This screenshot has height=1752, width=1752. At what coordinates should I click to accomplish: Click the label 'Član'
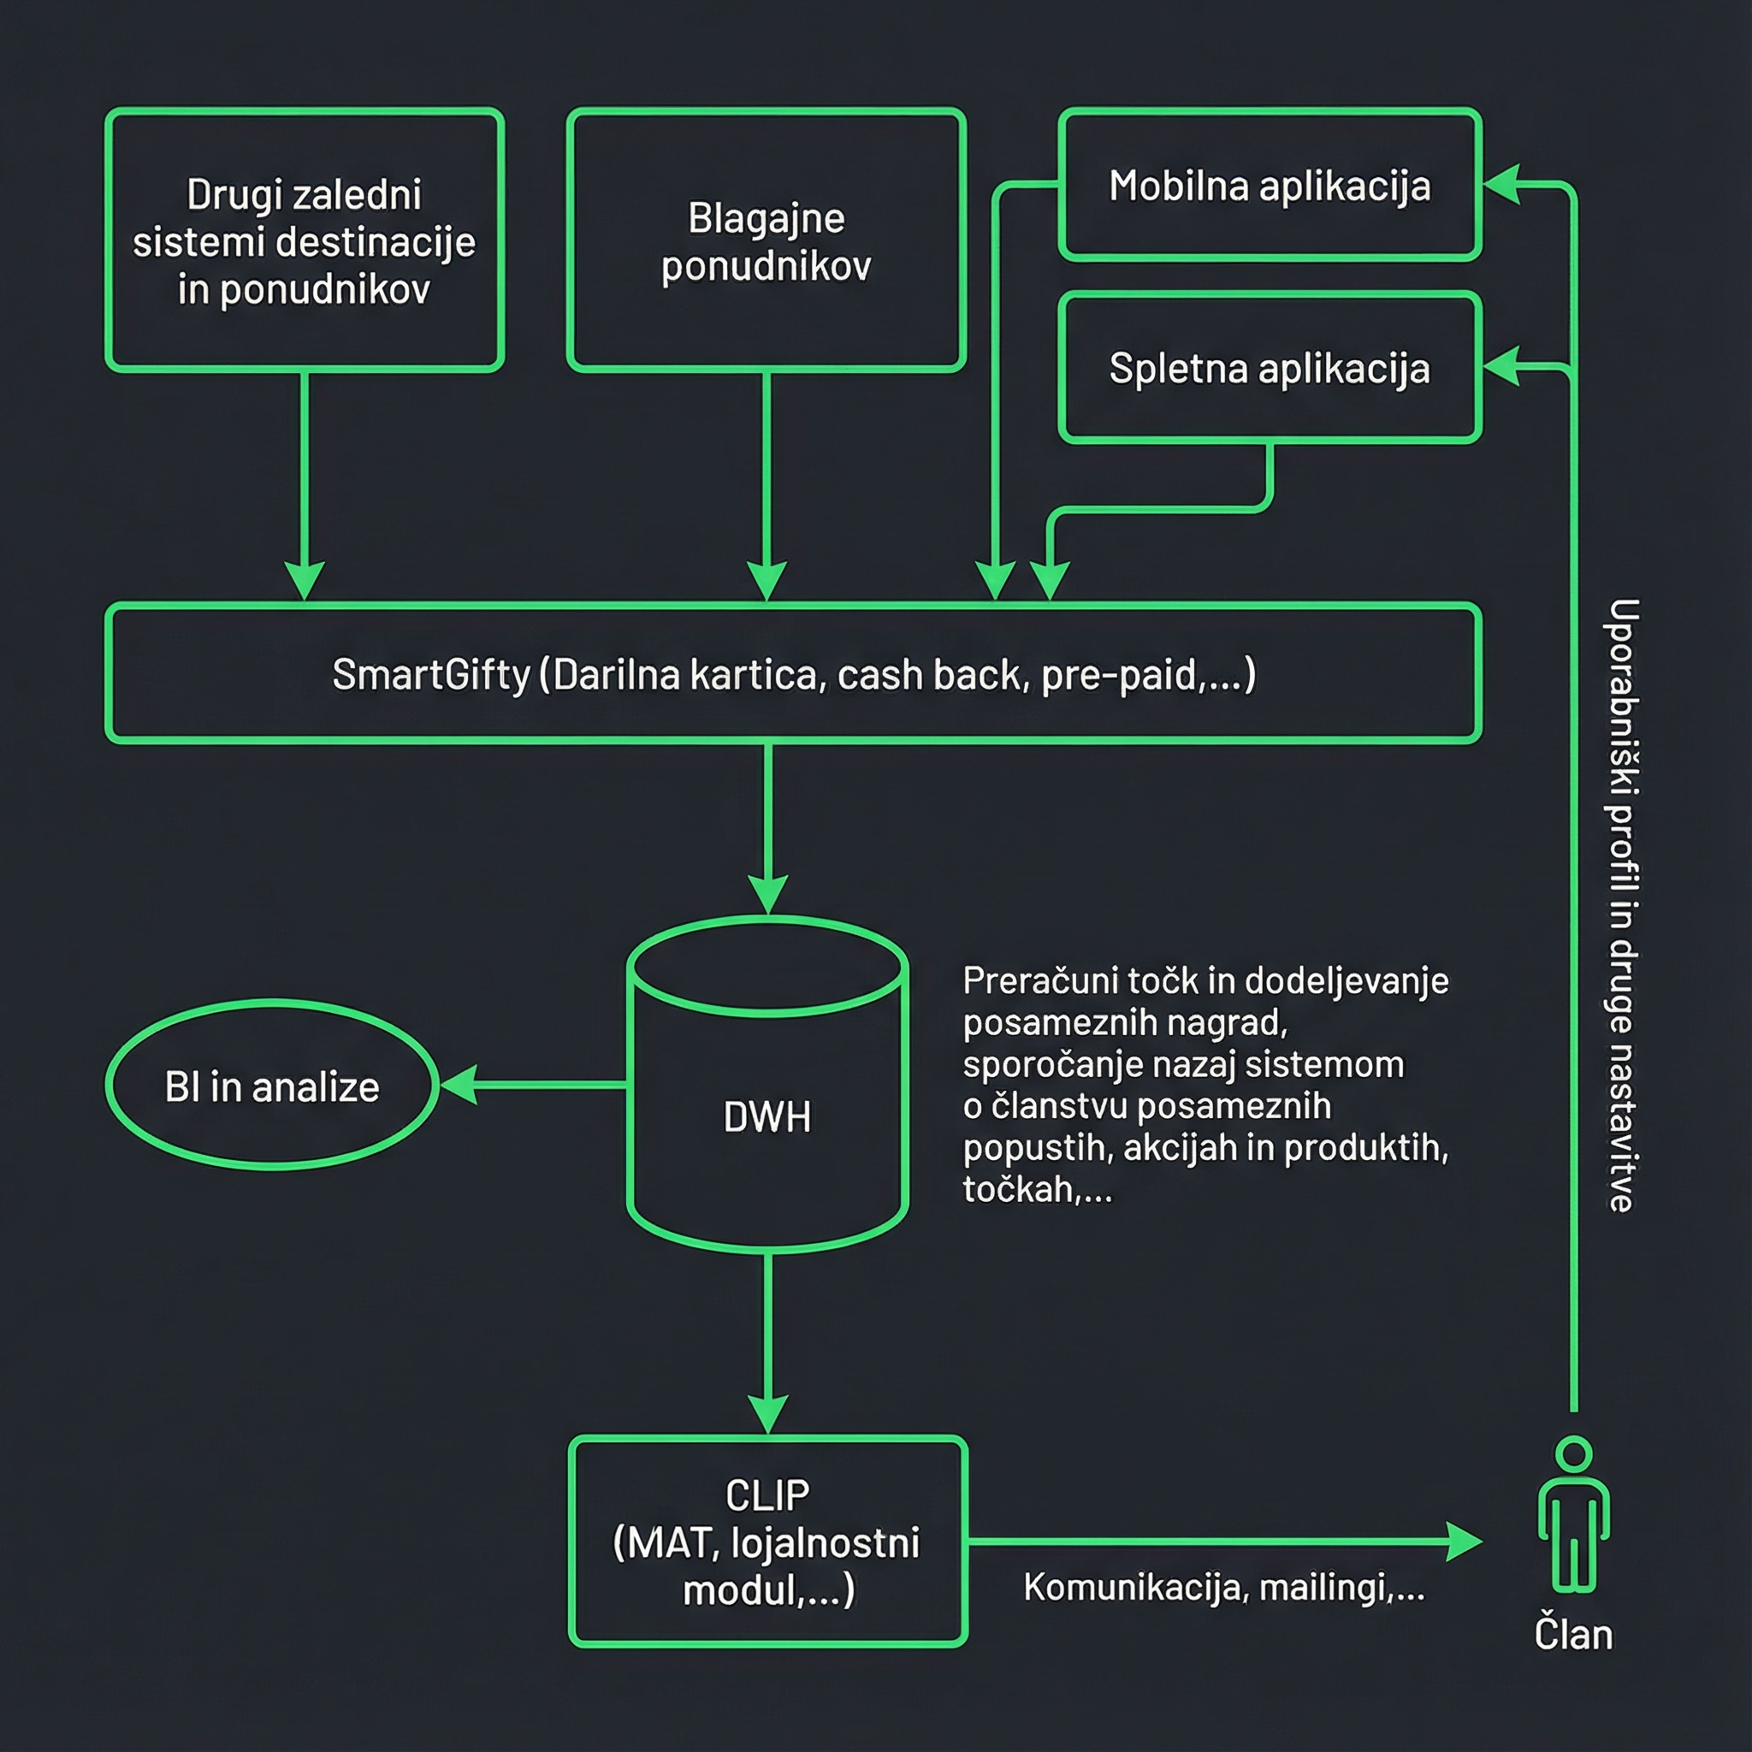1573,1635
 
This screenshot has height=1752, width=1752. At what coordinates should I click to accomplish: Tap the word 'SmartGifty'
431,676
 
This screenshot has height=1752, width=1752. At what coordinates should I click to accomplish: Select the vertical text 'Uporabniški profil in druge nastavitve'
1622,905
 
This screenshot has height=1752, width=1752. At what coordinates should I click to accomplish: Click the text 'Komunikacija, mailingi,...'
1224,1587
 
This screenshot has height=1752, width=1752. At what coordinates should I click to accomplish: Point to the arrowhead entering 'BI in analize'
459,1085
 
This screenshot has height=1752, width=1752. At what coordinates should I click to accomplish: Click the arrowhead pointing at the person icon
1464,1542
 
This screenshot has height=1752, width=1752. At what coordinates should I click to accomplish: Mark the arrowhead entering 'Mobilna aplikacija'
1501,185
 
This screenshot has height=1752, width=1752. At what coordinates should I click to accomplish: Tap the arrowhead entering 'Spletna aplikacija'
1501,367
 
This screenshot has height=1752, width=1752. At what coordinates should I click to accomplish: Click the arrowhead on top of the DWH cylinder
768,896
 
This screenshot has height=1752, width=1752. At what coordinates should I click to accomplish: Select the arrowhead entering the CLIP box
768,1416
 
